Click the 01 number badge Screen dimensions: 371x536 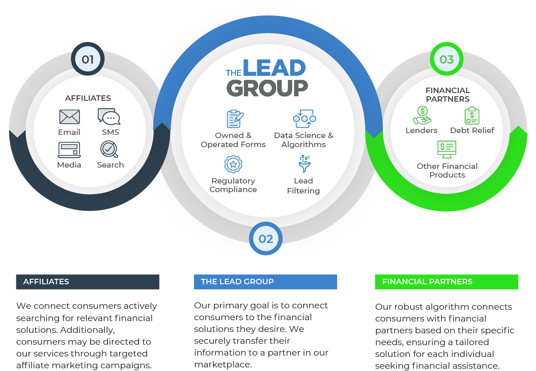tap(88, 59)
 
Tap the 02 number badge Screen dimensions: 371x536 tap(266, 239)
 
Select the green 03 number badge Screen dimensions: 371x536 tap(447, 59)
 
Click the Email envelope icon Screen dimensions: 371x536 tap(69, 117)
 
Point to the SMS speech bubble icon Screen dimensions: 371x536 tap(109, 117)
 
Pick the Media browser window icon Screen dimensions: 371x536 tap(69, 150)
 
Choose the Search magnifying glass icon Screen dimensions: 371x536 tap(109, 149)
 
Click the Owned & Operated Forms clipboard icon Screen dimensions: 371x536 tap(235, 119)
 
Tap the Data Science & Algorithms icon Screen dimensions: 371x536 tap(304, 119)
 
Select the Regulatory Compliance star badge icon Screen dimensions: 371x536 tap(233, 164)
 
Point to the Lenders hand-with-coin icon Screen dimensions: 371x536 tap(422, 115)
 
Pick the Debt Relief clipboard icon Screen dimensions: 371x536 tap(472, 115)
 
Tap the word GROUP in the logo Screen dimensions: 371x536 tap(267, 88)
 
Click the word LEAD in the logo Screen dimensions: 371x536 tap(274, 68)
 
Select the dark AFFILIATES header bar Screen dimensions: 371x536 tap(88, 282)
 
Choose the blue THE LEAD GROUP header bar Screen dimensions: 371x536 tap(266, 282)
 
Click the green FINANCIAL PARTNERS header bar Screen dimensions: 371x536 tap(447, 282)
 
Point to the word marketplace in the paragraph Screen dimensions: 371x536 tap(223, 365)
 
